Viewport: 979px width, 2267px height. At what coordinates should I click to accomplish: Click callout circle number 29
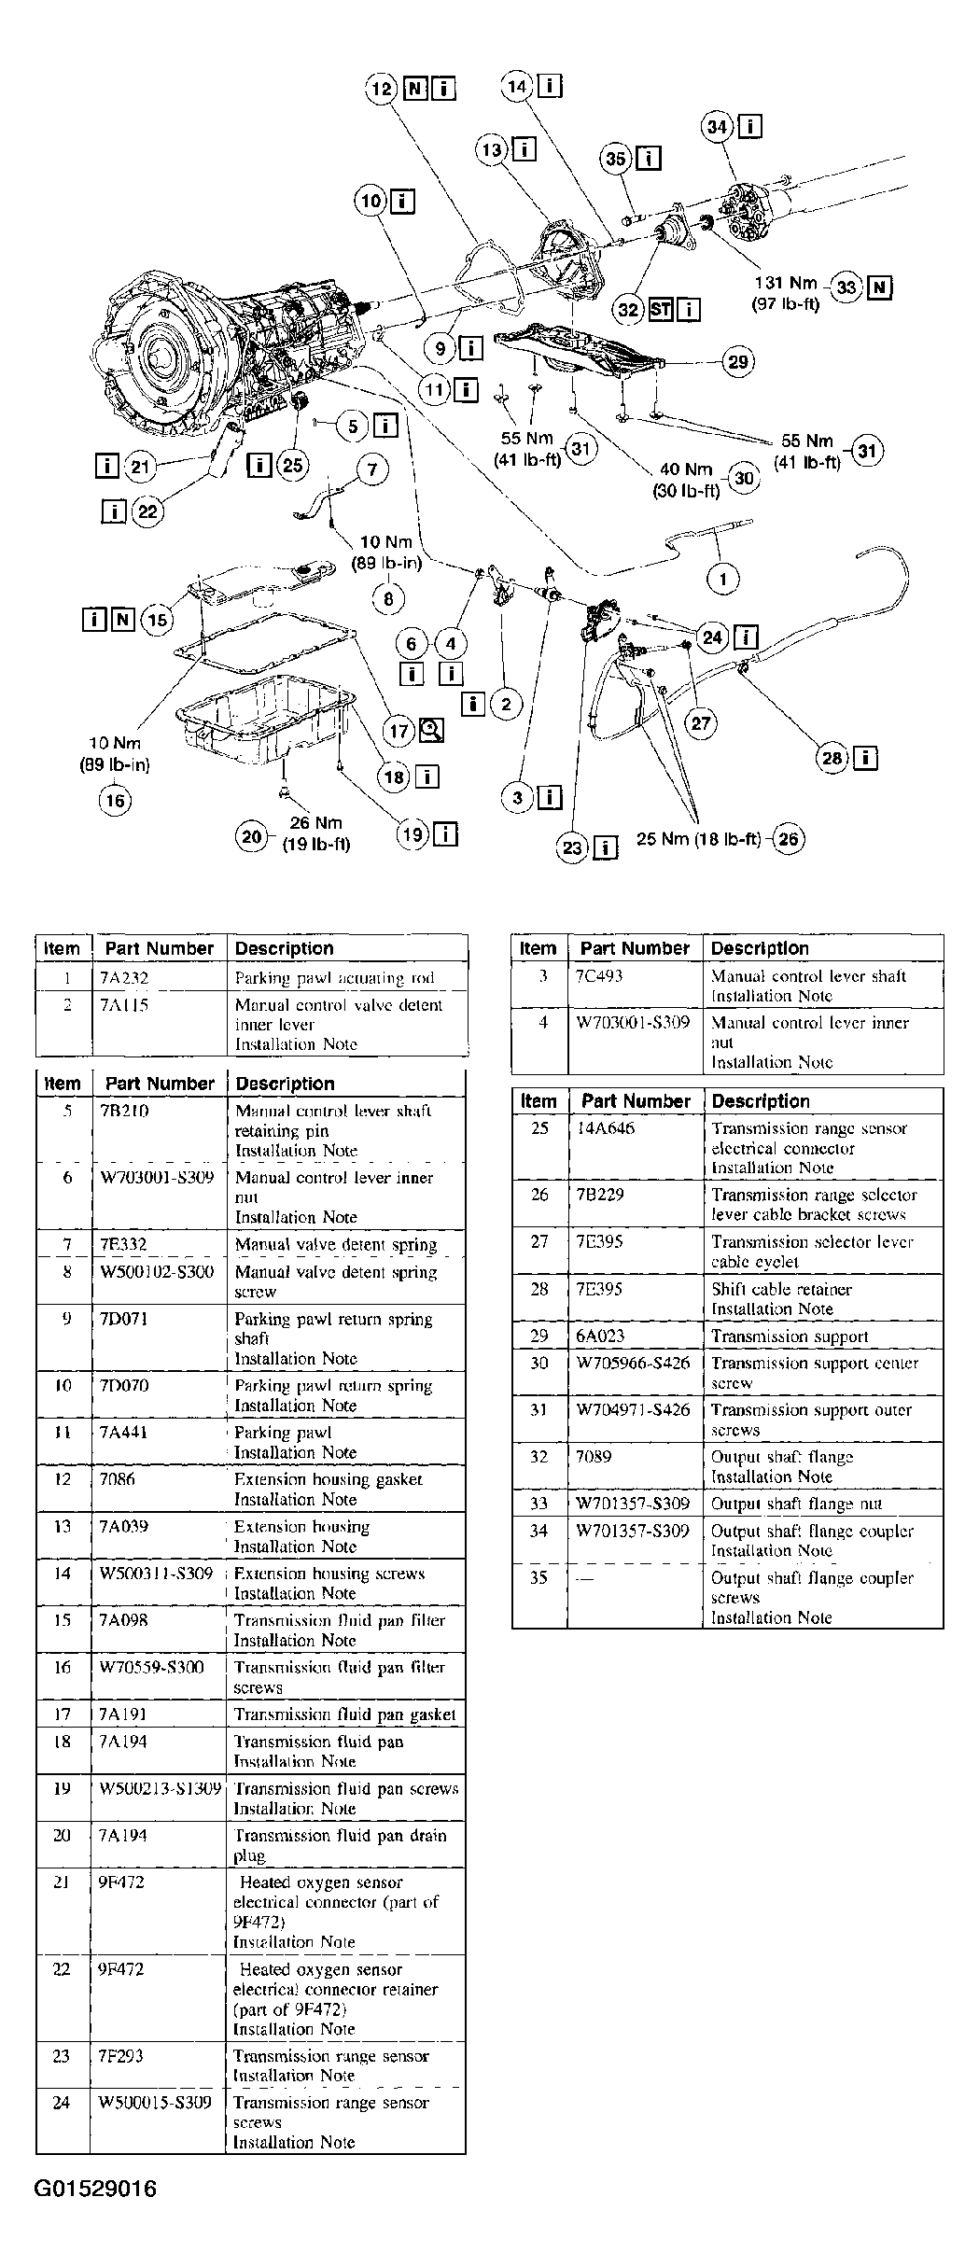(x=738, y=362)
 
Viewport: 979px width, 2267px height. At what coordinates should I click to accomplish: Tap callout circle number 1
(x=722, y=580)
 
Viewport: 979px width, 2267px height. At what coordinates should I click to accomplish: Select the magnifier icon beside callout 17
(x=432, y=730)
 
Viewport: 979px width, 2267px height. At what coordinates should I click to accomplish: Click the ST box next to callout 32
(x=661, y=309)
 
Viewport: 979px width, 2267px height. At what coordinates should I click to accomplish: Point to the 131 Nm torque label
(x=785, y=284)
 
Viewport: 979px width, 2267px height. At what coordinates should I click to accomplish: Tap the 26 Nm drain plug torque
(x=315, y=823)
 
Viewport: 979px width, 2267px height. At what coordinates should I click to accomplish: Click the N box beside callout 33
(x=879, y=287)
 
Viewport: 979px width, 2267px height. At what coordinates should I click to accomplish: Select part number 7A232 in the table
(x=124, y=978)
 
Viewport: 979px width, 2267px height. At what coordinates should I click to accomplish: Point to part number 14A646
(x=605, y=1127)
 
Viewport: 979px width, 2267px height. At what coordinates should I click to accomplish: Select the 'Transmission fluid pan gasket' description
(x=344, y=1714)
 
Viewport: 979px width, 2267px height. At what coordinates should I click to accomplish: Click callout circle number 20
(x=252, y=837)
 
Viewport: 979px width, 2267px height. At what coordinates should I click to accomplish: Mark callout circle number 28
(x=832, y=758)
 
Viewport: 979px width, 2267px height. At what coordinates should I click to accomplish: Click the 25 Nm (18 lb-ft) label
(x=699, y=838)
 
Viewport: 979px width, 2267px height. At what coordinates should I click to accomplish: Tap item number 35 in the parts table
(x=538, y=1577)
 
